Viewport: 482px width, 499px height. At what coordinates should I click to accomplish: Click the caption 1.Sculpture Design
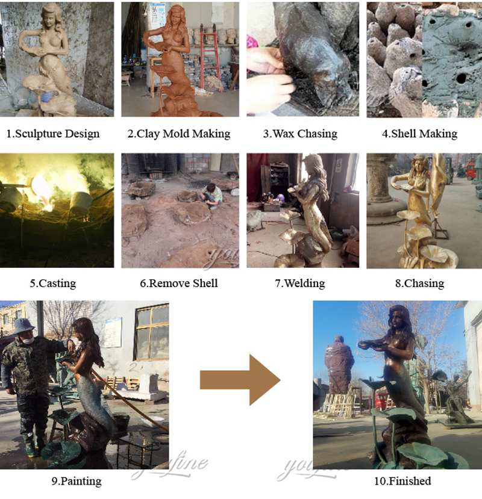[53, 134]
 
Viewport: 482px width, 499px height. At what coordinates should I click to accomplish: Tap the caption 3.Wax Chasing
[300, 134]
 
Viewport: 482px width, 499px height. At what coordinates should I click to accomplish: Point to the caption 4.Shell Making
[419, 134]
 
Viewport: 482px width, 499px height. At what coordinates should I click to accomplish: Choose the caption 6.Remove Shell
[179, 283]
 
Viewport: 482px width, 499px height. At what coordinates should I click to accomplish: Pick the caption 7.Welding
[300, 283]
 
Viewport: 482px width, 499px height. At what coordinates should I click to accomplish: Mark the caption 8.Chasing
[419, 283]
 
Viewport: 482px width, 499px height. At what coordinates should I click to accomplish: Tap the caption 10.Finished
[402, 481]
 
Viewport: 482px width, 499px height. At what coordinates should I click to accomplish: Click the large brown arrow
[240, 380]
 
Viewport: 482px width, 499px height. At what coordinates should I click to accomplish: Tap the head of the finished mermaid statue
[399, 317]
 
